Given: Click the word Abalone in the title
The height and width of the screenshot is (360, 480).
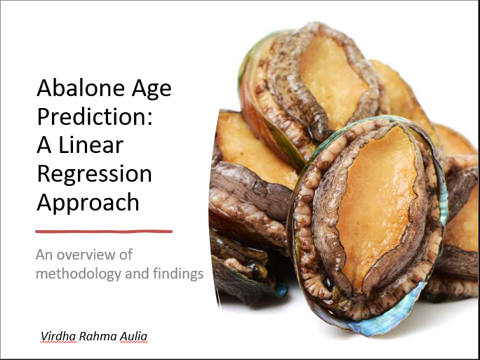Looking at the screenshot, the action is tap(81, 88).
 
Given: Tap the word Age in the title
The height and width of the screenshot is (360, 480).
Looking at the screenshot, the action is tap(152, 89).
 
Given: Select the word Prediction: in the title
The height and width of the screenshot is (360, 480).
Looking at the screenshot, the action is tap(95, 116).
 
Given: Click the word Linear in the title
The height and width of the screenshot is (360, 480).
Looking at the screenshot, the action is tap(91, 145).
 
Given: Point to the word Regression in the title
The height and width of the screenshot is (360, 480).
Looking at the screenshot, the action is tap(94, 175).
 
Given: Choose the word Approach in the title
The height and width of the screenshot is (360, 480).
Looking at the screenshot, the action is tap(88, 203).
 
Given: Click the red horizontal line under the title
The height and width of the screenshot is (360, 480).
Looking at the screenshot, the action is tap(104, 232).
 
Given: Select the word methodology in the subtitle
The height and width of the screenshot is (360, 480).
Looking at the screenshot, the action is tap(79, 274).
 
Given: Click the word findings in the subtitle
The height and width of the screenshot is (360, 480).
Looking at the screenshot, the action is tap(178, 274).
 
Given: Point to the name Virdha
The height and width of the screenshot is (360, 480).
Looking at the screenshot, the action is tap(58, 336).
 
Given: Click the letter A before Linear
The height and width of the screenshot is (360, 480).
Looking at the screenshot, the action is tap(44, 145).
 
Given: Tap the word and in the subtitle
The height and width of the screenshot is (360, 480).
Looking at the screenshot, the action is tap(137, 274).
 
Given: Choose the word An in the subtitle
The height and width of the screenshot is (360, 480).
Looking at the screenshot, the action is tap(44, 255).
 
